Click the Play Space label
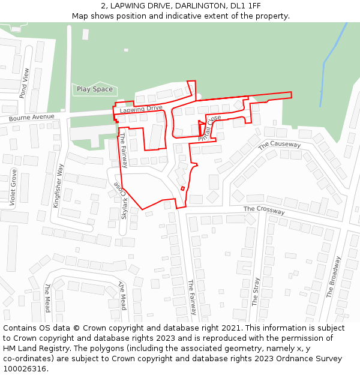coord(94,89)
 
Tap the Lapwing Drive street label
coord(141,109)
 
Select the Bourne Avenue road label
coord(31,118)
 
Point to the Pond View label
coord(24,83)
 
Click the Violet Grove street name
coord(13,188)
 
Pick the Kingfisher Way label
coord(58,185)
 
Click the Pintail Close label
coord(209,128)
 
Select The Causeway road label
coord(280,145)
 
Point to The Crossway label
coord(264,209)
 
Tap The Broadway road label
coord(334,277)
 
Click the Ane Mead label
coord(122,295)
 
